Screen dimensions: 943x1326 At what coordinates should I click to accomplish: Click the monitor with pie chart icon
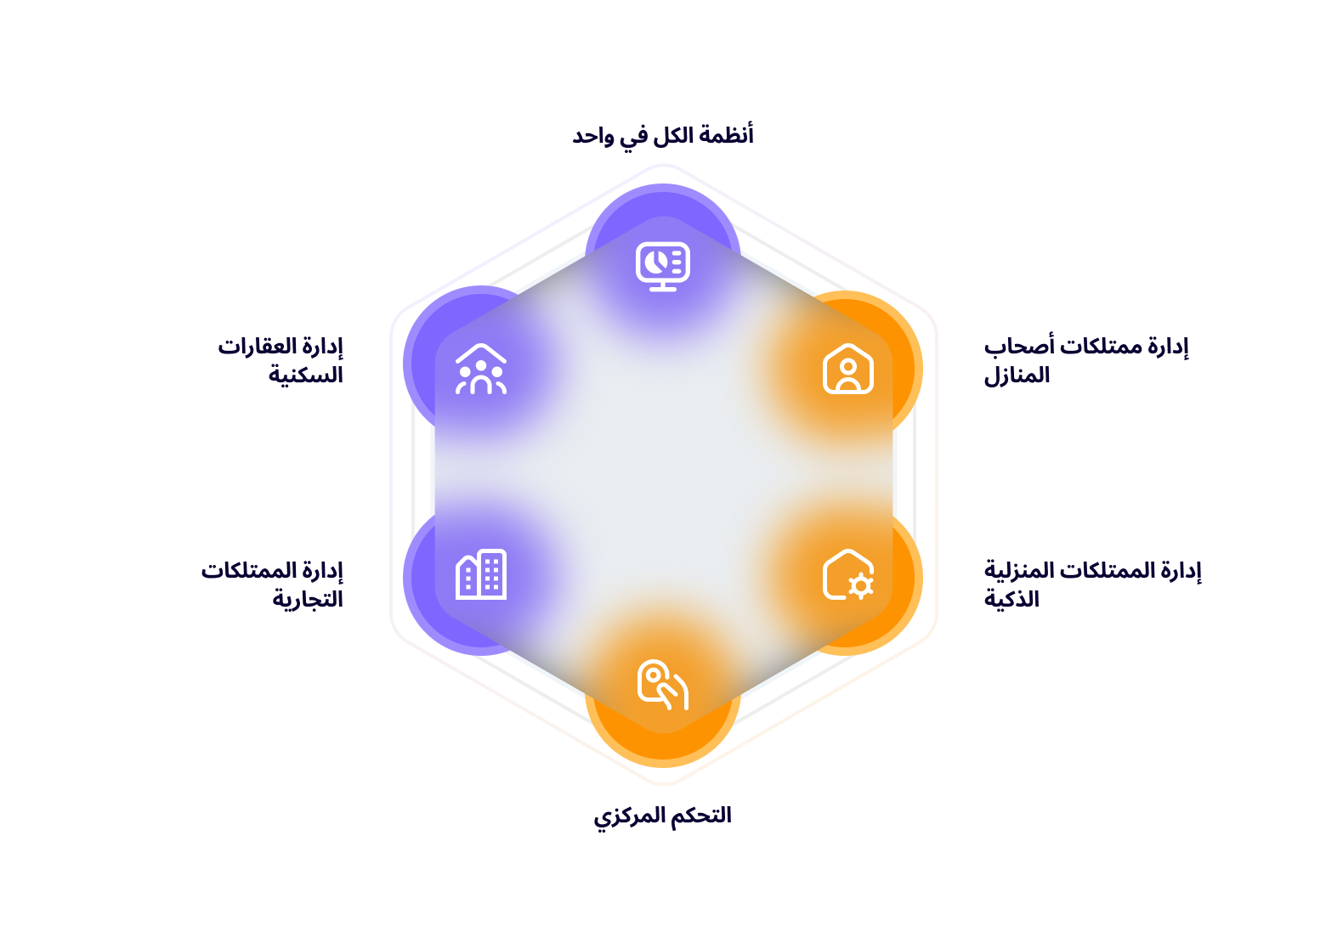pyautogui.click(x=663, y=266)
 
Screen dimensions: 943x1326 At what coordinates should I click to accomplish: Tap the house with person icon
pyautogui.click(x=847, y=369)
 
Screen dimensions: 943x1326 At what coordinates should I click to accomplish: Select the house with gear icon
pyautogui.click(x=847, y=575)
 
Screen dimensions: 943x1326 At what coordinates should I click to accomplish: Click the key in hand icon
pyautogui.click(x=662, y=685)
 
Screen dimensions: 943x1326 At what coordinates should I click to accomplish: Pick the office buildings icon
pyautogui.click(x=481, y=574)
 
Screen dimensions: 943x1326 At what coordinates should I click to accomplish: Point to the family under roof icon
pyautogui.click(x=481, y=369)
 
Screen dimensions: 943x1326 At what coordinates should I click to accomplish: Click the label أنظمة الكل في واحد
pyautogui.click(x=663, y=135)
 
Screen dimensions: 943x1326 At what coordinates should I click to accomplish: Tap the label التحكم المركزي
pyautogui.click(x=662, y=816)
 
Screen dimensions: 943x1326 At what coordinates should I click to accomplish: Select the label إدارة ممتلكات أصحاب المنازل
pyautogui.click(x=1085, y=360)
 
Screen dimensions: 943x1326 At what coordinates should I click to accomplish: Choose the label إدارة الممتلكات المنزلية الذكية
pyautogui.click(x=1092, y=584)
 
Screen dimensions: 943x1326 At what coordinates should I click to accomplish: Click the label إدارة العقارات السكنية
pyautogui.click(x=281, y=360)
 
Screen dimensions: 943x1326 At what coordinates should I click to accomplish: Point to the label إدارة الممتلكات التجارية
pyautogui.click(x=273, y=584)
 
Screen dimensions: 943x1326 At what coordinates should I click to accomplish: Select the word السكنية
pyautogui.click(x=306, y=375)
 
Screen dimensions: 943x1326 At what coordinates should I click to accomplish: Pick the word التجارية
pyautogui.click(x=308, y=599)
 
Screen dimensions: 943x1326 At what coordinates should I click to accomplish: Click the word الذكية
pyautogui.click(x=1011, y=599)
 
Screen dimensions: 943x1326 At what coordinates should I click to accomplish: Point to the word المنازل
pyautogui.click(x=1017, y=375)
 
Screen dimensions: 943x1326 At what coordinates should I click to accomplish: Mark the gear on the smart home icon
pyautogui.click(x=861, y=585)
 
